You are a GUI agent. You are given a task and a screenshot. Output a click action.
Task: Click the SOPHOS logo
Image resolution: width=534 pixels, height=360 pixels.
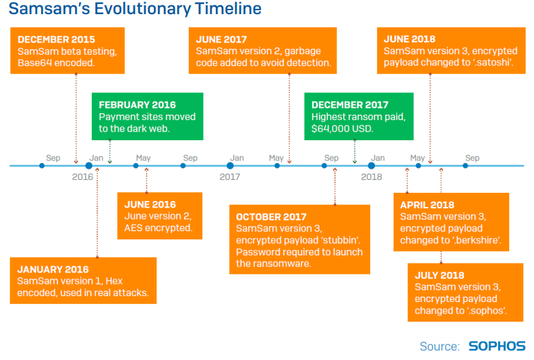pos(497,346)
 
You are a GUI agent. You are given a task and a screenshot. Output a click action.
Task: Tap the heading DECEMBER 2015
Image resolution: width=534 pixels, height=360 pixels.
pos(56,40)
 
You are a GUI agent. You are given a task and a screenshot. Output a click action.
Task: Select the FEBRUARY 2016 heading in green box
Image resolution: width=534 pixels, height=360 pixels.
pos(138,105)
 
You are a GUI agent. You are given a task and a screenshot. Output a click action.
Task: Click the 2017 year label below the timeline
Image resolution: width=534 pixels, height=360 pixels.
pos(230,177)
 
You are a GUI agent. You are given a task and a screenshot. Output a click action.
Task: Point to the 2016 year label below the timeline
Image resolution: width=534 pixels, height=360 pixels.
pos(82,177)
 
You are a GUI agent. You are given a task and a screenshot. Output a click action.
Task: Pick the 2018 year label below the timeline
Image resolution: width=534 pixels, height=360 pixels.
pos(372,177)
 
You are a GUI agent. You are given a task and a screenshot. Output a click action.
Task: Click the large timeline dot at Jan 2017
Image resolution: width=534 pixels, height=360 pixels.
pos(230,166)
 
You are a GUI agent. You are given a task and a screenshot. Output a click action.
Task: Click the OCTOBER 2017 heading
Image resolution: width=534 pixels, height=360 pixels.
pos(271,217)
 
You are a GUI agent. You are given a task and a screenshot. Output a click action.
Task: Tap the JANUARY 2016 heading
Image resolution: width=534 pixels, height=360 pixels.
pos(53,270)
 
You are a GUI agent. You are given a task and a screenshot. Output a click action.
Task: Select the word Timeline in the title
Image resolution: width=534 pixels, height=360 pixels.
pos(229,9)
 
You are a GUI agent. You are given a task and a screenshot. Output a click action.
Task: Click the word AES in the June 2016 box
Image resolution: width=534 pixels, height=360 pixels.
pos(133,228)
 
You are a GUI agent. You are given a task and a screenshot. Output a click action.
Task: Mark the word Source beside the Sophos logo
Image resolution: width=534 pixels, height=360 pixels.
pos(440,347)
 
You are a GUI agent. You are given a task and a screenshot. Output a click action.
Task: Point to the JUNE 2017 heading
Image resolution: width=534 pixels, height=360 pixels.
pos(221,40)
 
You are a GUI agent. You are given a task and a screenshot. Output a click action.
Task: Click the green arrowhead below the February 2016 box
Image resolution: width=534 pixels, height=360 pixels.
pos(110,161)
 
